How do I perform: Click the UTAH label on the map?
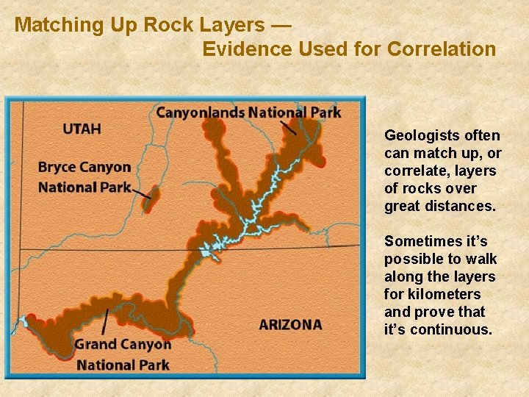[82, 129]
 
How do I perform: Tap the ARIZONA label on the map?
[290, 324]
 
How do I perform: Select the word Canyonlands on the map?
[200, 112]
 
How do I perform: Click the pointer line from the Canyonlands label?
[289, 128]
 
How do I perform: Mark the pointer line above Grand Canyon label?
[107, 321]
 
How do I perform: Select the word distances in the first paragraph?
[465, 206]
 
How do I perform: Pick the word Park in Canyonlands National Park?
[326, 112]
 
